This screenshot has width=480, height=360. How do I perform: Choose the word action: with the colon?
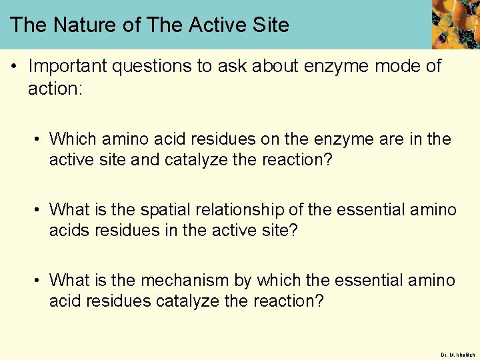click(x=55, y=89)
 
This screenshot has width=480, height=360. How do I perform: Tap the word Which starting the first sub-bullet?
click(x=73, y=139)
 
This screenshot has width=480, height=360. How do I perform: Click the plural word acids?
click(x=69, y=231)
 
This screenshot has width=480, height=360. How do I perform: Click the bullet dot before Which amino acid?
click(x=39, y=140)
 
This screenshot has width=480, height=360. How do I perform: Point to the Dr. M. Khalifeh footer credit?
click(x=457, y=354)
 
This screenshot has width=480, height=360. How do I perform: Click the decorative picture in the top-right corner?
click(x=455, y=24)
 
